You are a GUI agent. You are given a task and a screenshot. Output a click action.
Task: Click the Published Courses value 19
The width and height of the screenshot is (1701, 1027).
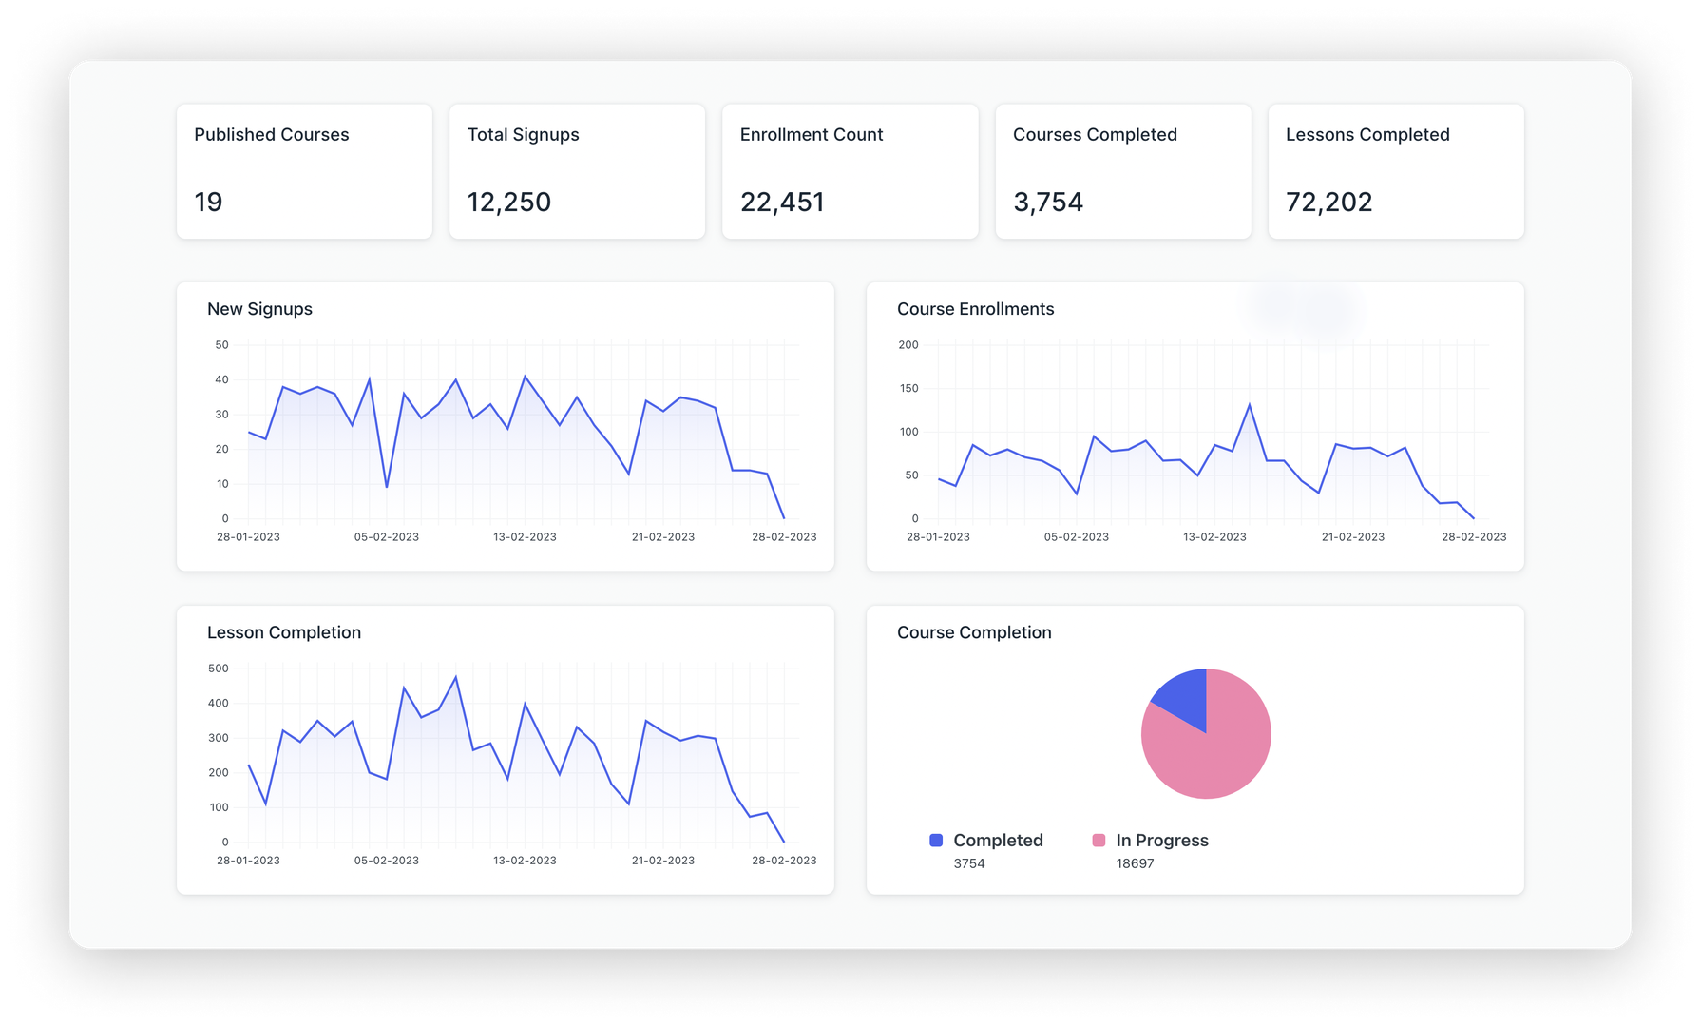[x=208, y=202]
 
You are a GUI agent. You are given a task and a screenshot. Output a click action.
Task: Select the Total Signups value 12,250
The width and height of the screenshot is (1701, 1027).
[x=508, y=202]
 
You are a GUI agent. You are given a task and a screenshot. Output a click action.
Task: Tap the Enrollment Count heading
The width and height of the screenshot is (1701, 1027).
[x=811, y=135]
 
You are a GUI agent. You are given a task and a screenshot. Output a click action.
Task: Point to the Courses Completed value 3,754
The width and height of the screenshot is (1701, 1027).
[x=1047, y=202]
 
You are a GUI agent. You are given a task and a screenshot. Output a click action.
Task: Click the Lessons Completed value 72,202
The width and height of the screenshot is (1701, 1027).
[x=1328, y=202]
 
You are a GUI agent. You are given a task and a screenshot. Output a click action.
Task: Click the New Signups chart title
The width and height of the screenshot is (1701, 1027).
[x=259, y=309]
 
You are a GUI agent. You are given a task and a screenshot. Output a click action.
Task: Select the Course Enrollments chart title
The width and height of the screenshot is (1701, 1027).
[x=975, y=309]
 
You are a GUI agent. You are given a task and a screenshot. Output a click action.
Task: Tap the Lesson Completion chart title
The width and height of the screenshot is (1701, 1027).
[x=283, y=632]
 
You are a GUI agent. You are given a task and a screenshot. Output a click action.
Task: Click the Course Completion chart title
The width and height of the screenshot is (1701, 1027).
[x=973, y=632]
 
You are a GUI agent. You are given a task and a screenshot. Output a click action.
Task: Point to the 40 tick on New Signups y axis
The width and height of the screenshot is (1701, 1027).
[x=221, y=379]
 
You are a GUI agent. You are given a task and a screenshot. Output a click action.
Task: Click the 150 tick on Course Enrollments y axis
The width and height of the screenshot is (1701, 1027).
[x=908, y=388]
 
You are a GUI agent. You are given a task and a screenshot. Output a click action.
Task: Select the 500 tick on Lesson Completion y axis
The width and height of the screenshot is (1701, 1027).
[x=219, y=669]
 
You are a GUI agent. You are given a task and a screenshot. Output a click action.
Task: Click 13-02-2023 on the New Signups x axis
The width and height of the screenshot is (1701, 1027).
[x=525, y=537]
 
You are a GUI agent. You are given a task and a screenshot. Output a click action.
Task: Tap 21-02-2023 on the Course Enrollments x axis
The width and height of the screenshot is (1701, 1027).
[x=1352, y=537]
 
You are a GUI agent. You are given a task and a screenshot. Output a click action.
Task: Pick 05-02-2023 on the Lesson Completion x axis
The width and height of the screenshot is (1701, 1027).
[x=386, y=861]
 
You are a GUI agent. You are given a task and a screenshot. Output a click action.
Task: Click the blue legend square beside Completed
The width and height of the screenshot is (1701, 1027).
[x=936, y=840]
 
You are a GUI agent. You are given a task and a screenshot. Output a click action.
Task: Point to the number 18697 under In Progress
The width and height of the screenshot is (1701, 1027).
[x=1135, y=863]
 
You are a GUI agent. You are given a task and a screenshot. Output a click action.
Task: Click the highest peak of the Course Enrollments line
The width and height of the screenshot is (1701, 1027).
[x=1249, y=405]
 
